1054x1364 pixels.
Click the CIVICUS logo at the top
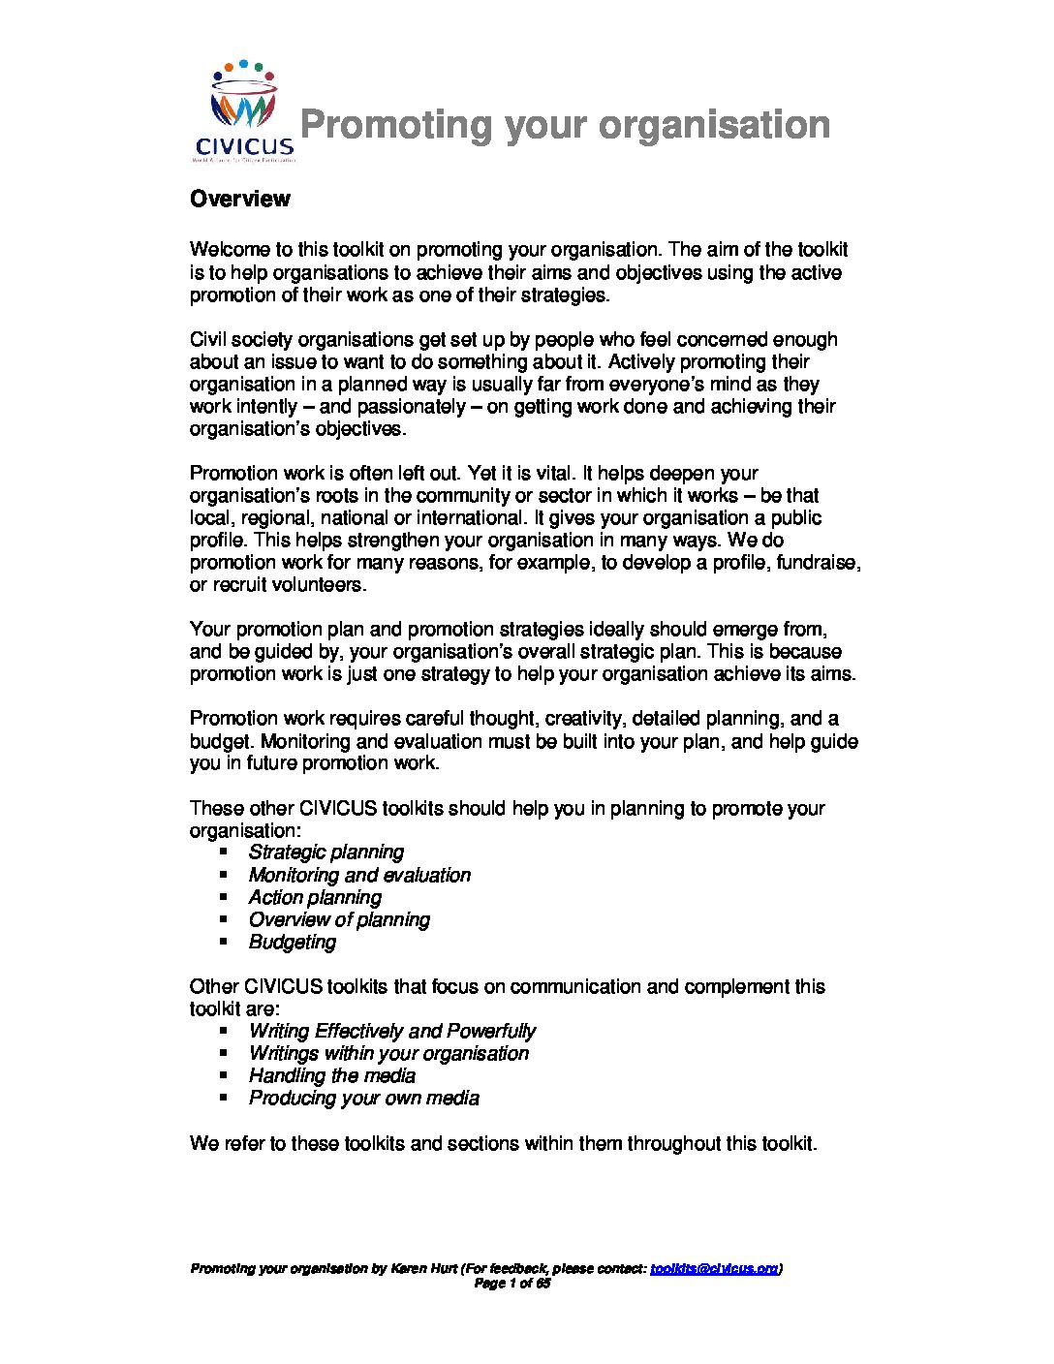[x=243, y=111]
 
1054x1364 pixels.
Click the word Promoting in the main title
[x=395, y=125]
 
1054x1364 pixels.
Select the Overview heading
[x=239, y=199]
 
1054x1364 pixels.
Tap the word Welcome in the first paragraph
[x=230, y=251]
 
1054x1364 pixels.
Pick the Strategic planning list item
[x=325, y=852]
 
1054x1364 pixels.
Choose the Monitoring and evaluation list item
[x=359, y=875]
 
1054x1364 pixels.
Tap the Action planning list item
[x=315, y=898]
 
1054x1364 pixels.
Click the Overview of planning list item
[x=339, y=920]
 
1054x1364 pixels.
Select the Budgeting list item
[x=293, y=943]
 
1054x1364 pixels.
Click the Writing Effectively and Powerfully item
[x=391, y=1032]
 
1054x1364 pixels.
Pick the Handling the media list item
[x=331, y=1076]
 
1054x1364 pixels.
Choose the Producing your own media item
[x=363, y=1099]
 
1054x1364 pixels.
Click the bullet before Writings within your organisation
[x=224, y=1054]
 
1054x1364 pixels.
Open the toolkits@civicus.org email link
[x=714, y=1269]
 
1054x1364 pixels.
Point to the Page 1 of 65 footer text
[x=512, y=1284]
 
